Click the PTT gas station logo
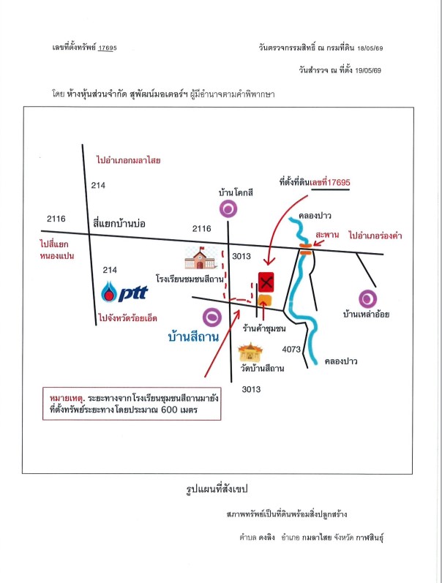tap(124, 292)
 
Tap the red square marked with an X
tap(266, 282)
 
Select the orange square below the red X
tap(265, 300)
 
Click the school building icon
tap(201, 257)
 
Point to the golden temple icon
tap(250, 353)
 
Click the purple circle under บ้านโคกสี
tap(228, 208)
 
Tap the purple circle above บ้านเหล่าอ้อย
tap(367, 298)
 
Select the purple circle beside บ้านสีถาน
tap(212, 317)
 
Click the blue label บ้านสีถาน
tap(193, 337)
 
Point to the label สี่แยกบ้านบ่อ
tap(119, 223)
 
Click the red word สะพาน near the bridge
tap(327, 235)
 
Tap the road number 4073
tap(291, 349)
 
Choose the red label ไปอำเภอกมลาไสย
tap(128, 160)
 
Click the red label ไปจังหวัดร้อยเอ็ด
tap(127, 318)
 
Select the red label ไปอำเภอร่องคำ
tap(375, 236)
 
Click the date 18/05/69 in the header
tap(370, 48)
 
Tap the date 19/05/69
tap(368, 70)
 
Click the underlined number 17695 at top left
tap(107, 48)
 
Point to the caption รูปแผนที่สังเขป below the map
tap(217, 489)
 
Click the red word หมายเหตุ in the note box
tap(67, 398)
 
